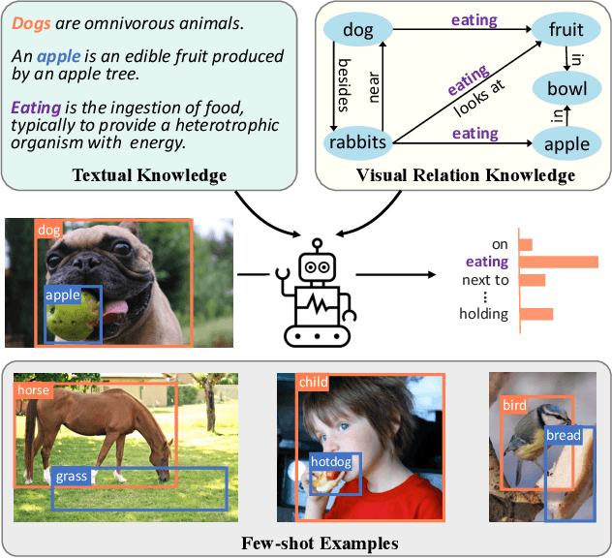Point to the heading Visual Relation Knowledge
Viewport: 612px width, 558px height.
click(x=465, y=175)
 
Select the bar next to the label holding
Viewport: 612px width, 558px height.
click(x=536, y=314)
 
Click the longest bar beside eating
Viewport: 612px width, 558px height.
click(x=559, y=262)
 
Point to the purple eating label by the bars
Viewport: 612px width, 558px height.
click(x=486, y=262)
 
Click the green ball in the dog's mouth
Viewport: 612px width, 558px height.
click(x=73, y=316)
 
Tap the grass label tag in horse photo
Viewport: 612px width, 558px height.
click(x=72, y=477)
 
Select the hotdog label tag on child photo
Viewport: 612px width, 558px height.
click(x=331, y=462)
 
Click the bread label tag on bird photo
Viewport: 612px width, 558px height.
click(x=564, y=435)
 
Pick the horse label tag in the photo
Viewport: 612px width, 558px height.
click(x=33, y=390)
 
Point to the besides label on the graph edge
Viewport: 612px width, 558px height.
click(x=342, y=85)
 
